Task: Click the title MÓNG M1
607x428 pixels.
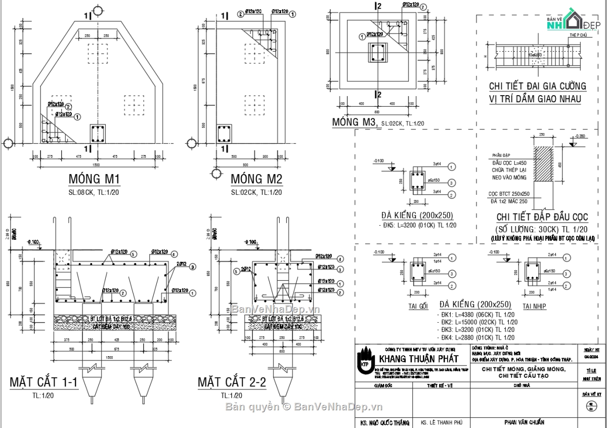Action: click(94, 179)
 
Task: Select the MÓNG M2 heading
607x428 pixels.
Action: click(256, 179)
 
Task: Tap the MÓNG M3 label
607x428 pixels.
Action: click(355, 122)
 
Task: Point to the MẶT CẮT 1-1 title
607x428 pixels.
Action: click(44, 382)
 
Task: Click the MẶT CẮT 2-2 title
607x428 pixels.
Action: click(232, 382)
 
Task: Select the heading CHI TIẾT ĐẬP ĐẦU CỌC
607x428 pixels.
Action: click(542, 217)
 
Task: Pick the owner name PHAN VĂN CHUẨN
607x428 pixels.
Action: click(524, 422)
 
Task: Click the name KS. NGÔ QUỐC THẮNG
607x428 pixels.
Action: click(382, 422)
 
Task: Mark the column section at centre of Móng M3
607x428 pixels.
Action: click(377, 53)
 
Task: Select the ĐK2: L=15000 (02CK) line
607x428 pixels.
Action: click(477, 322)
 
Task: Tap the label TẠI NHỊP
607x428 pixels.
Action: click(534, 306)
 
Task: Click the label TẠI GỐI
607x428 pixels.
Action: click(418, 306)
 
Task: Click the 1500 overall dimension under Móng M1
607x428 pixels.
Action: click(96, 165)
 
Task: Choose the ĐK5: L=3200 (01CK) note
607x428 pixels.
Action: click(419, 225)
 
